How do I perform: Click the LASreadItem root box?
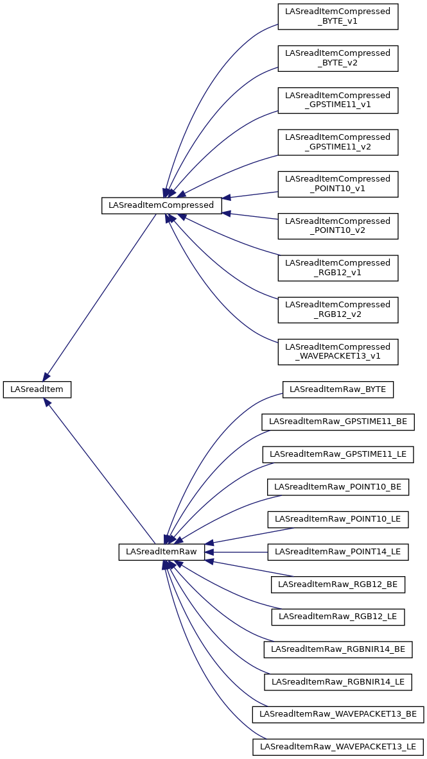click(37, 389)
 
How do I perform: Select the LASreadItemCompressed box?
click(162, 205)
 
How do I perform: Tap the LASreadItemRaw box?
click(162, 552)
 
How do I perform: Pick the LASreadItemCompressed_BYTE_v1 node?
click(338, 16)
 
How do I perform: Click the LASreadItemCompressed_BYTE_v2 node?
click(338, 58)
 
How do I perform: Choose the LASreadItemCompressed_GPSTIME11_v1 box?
click(338, 100)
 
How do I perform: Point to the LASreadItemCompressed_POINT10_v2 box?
click(338, 226)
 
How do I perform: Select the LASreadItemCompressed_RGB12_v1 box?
click(338, 268)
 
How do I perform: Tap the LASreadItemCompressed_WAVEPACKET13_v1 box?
click(338, 352)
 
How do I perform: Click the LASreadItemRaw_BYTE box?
click(338, 389)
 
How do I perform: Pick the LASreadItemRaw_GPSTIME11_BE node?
click(338, 422)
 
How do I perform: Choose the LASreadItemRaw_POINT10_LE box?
click(338, 519)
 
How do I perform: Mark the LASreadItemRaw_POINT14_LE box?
click(338, 552)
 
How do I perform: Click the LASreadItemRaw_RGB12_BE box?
click(338, 584)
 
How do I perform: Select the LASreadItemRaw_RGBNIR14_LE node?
click(338, 681)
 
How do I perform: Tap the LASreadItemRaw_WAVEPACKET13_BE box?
click(338, 714)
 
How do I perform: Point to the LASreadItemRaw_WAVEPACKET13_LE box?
click(338, 747)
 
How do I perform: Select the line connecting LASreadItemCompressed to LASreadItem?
click(100, 298)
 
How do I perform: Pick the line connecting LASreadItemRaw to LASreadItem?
click(103, 475)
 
